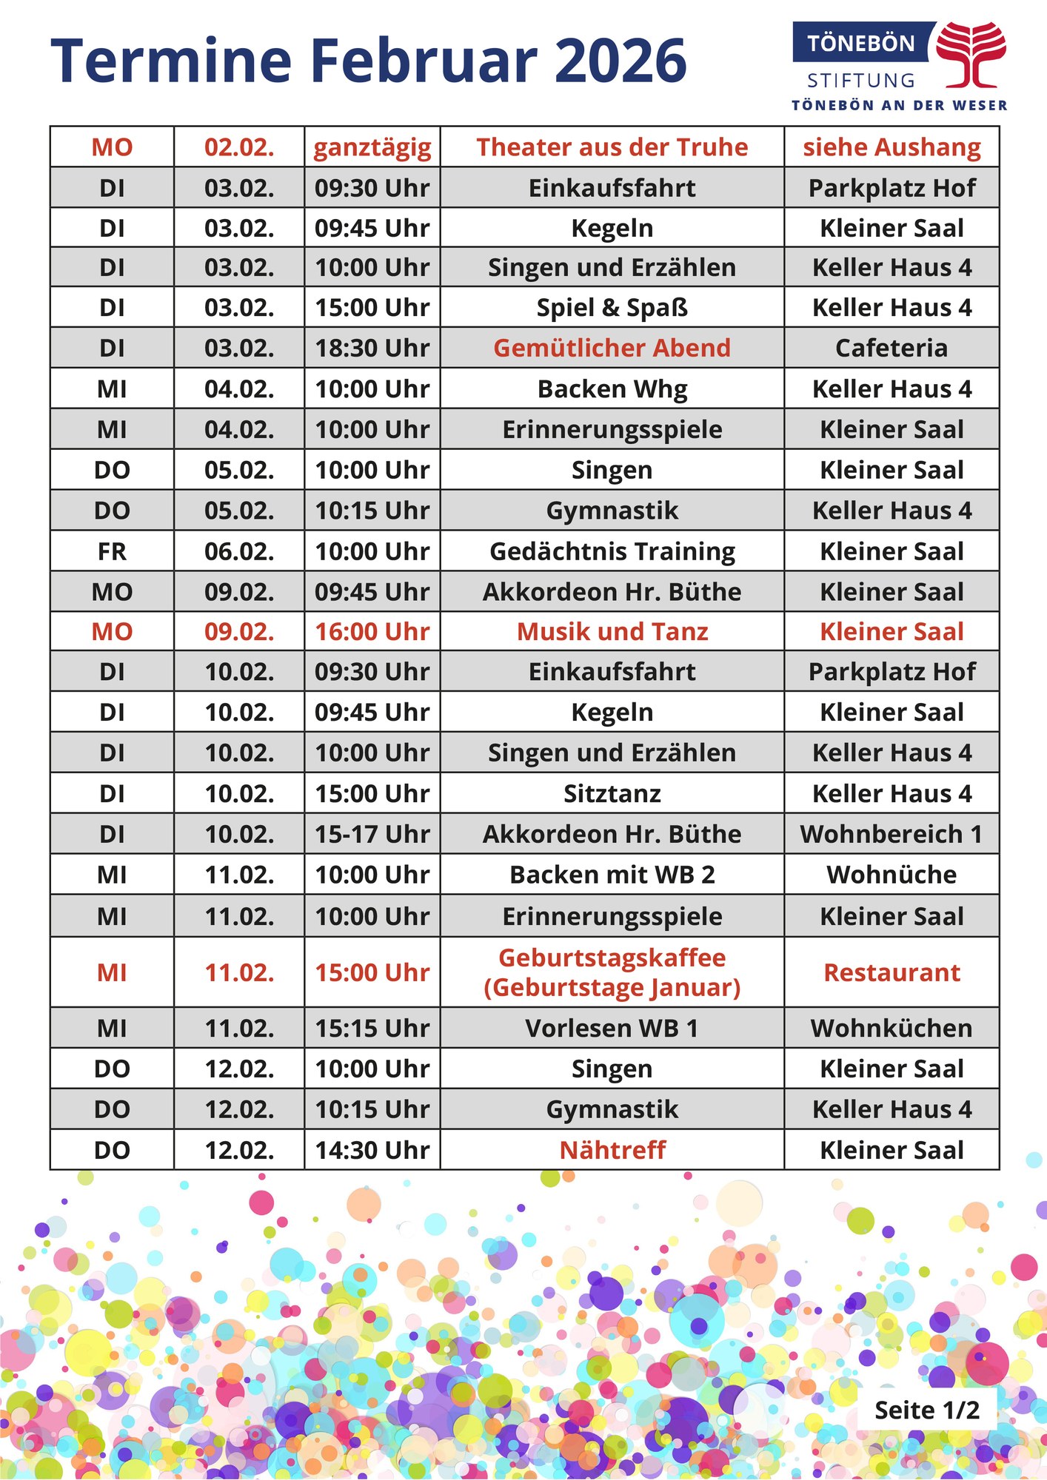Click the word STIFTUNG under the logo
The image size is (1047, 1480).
pos(860,80)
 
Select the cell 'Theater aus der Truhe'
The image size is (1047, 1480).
pos(612,147)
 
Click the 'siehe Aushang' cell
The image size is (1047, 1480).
pos(892,147)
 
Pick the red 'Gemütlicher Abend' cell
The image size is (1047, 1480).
pos(612,348)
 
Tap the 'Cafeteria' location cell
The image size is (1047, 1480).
pos(892,348)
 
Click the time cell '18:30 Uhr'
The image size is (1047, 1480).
pos(372,348)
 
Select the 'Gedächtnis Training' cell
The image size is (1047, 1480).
pos(612,551)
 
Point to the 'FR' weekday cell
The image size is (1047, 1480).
pos(112,551)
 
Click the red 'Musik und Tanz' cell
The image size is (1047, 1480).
pos(612,631)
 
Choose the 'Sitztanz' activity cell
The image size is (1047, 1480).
pos(612,793)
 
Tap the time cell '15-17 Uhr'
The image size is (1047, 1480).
pos(372,834)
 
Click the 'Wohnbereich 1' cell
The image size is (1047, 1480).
pos(892,834)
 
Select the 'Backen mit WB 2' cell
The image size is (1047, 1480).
pos(612,875)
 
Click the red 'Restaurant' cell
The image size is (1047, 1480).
pos(892,972)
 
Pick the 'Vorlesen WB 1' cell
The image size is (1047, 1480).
pos(612,1028)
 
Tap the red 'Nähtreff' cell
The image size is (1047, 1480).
pos(612,1150)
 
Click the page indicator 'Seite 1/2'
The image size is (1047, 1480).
pos(926,1410)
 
